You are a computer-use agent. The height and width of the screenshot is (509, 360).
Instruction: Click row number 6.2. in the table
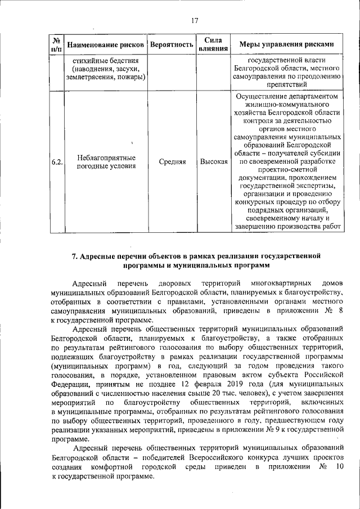[56, 162]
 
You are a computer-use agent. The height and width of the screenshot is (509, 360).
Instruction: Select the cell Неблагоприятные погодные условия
[106, 162]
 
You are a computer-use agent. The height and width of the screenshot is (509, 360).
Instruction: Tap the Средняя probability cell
[172, 162]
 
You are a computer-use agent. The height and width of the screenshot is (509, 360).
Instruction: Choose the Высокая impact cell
[213, 162]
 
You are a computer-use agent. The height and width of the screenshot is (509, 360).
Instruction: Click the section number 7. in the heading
[74, 256]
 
